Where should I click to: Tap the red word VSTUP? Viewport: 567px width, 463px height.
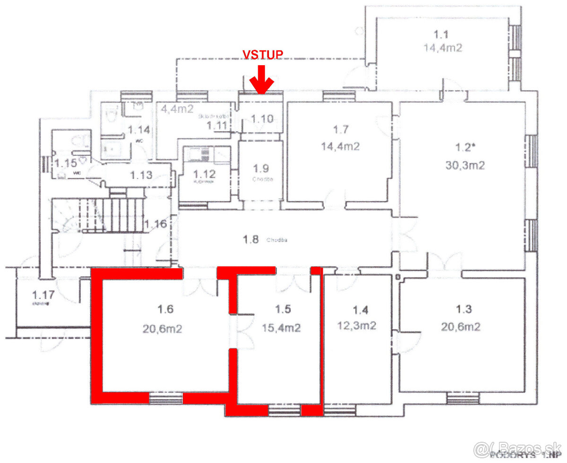point(263,55)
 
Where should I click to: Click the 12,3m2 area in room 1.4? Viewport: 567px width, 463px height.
point(357,326)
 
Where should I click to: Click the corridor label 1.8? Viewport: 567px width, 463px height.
point(250,240)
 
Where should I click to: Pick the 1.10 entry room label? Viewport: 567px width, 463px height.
point(262,119)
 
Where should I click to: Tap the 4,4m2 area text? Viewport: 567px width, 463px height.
point(177,109)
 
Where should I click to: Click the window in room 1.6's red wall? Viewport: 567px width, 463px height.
point(166,398)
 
